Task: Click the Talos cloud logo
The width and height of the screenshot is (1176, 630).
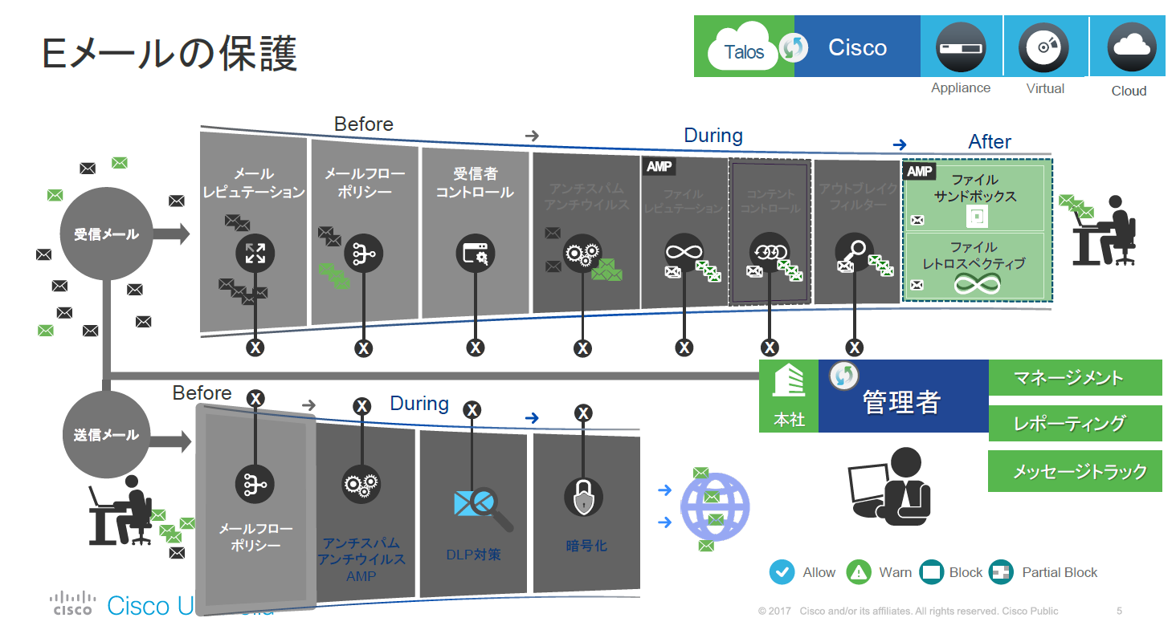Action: click(744, 51)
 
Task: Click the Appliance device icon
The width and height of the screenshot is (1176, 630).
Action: click(961, 47)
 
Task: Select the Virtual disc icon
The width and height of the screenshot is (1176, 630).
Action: click(1043, 47)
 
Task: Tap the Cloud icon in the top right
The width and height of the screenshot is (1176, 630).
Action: click(1131, 47)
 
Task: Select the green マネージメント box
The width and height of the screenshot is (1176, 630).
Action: click(1075, 378)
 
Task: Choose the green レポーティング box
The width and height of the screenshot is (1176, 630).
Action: click(1075, 424)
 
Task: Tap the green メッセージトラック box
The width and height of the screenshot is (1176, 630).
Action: click(1075, 471)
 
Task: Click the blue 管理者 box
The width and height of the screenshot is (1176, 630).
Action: click(903, 396)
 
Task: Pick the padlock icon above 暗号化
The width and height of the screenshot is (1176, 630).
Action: click(583, 498)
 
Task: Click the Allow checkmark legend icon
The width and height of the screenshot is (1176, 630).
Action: click(782, 572)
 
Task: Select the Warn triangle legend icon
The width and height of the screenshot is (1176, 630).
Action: click(860, 572)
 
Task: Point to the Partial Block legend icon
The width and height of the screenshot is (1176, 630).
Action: click(1002, 572)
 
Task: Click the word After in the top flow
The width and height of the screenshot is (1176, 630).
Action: click(990, 142)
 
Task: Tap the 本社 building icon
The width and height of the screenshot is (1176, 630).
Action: click(789, 382)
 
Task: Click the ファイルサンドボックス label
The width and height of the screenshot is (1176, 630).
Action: click(974, 188)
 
